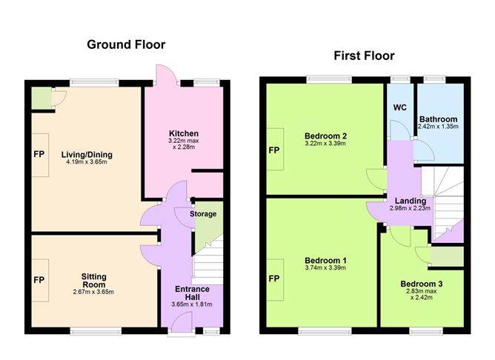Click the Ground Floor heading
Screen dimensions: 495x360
[x=126, y=44]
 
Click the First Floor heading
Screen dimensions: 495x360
[x=364, y=56]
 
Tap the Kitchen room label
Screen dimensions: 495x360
[x=184, y=133]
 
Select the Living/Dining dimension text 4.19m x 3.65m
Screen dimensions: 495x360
[x=87, y=162]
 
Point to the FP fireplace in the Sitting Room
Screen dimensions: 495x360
[x=40, y=280]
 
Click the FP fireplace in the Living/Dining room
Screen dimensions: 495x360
[x=40, y=155]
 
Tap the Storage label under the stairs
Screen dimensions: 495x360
[x=203, y=214]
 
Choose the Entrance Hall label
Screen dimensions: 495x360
[x=192, y=293]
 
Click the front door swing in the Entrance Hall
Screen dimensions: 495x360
[x=182, y=321]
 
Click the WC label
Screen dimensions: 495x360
[x=400, y=107]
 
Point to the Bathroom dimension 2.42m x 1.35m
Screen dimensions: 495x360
[x=438, y=127]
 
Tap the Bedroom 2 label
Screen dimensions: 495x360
[x=325, y=136]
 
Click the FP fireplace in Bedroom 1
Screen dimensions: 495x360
[x=275, y=279]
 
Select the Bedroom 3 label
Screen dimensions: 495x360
[x=422, y=284]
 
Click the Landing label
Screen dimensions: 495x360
[x=411, y=201]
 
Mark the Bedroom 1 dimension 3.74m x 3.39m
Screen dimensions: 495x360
[x=325, y=268]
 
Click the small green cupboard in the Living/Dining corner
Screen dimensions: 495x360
[x=41, y=98]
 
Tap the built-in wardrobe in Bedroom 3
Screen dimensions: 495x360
[x=448, y=256]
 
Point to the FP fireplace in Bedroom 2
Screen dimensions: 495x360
[x=275, y=150]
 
